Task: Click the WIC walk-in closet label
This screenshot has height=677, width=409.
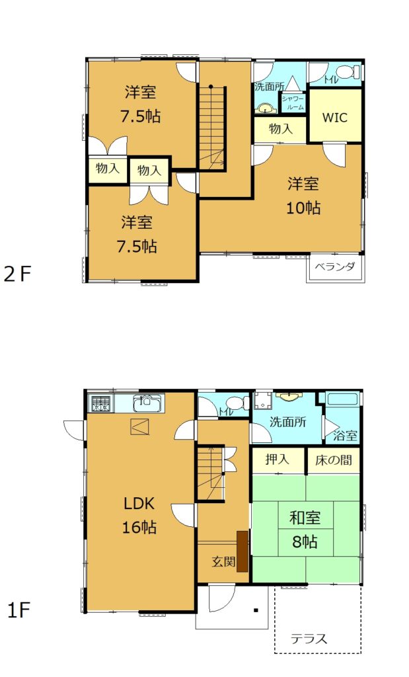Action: coord(335,118)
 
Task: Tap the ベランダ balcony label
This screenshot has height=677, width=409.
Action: coord(335,266)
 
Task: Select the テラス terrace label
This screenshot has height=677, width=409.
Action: coord(309,639)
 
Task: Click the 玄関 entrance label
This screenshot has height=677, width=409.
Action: coord(223,562)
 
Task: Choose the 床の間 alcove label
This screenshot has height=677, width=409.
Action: coord(333,460)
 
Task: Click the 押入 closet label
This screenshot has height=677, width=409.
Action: coord(277,459)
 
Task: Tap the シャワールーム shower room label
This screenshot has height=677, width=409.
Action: coord(293,103)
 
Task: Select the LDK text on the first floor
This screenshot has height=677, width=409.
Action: coord(139,503)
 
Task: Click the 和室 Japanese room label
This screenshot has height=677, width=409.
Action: coord(305,518)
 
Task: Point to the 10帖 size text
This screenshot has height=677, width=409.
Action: coord(304,208)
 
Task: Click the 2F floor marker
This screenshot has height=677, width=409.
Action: coord(18,274)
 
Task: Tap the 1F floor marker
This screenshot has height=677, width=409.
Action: coord(19,610)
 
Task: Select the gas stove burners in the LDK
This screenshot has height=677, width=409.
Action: coord(100,404)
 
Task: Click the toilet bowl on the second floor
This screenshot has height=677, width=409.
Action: coord(348,71)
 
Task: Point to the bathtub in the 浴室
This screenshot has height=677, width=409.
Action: coord(342,398)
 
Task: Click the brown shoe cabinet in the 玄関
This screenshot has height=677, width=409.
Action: coord(242,551)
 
